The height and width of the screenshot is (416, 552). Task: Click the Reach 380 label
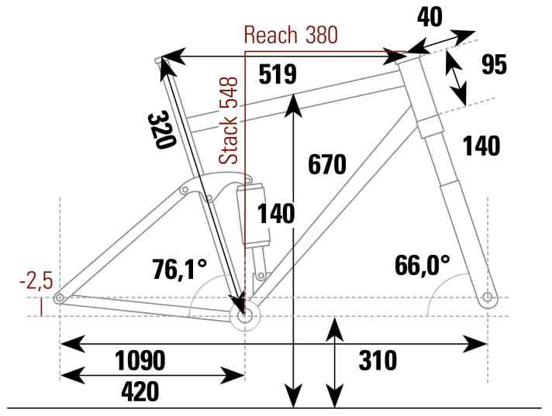click(x=291, y=35)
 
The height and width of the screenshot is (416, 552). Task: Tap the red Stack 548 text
click(x=228, y=121)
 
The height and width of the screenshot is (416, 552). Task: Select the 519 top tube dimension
click(x=278, y=74)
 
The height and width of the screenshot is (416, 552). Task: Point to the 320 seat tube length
click(x=161, y=130)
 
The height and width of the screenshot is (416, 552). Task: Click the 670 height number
click(x=327, y=164)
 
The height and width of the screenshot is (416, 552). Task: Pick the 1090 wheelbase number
click(x=140, y=361)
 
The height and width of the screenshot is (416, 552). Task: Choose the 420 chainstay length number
click(x=140, y=392)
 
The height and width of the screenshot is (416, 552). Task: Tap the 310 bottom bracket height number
click(x=378, y=361)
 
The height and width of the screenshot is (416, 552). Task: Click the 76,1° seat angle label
click(x=180, y=269)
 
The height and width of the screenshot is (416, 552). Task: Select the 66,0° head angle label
click(x=422, y=265)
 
